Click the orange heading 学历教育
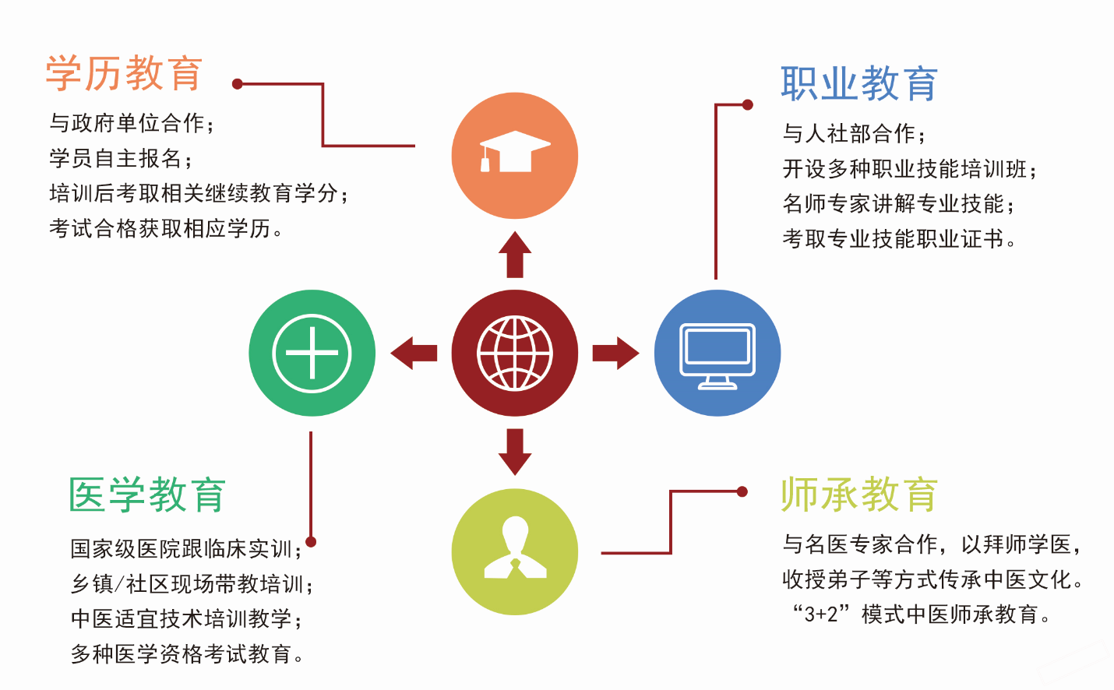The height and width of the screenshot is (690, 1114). coord(124,73)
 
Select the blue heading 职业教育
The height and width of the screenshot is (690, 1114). coord(859,83)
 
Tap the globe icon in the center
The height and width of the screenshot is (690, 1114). coord(515,353)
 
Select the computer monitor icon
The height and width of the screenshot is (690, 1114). coord(717,356)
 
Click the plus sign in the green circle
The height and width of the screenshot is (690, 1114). coord(312,353)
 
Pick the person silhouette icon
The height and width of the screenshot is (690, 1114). coord(515,547)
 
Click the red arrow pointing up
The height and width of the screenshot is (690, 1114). coord(515,254)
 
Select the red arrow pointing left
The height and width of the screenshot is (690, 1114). coord(414,353)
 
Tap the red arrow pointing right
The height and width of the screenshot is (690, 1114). coord(615,353)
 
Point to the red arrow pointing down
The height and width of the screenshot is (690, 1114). coord(515,452)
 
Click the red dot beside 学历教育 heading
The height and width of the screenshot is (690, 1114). coord(238,84)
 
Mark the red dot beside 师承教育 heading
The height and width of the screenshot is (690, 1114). coord(742,491)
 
